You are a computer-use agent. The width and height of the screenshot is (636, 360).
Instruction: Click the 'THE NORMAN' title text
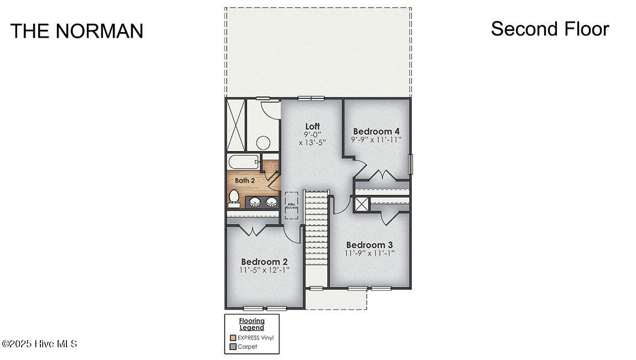(77, 31)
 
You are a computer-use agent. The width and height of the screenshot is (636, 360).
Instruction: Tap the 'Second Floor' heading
(550, 29)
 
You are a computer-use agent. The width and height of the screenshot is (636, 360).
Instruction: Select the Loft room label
(312, 127)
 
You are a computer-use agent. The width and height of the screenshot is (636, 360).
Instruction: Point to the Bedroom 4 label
(376, 131)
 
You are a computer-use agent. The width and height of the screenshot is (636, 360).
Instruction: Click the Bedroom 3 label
(369, 245)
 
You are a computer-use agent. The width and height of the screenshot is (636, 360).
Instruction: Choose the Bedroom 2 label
(264, 262)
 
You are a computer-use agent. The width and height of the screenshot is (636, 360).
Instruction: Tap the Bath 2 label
(244, 180)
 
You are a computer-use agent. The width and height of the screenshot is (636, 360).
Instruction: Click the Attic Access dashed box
(291, 205)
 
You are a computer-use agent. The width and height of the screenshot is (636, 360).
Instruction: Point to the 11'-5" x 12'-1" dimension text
(264, 270)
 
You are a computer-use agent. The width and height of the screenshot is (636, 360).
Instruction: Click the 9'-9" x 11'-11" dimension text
(376, 140)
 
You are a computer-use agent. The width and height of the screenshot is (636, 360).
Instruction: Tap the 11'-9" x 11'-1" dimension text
(369, 254)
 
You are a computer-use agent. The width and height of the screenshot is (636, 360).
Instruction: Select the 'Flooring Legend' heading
(252, 324)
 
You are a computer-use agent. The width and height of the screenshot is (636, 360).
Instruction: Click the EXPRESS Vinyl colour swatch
(233, 337)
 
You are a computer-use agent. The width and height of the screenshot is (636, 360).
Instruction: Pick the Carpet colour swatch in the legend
(233, 347)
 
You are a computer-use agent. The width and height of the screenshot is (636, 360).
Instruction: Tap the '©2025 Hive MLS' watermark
(39, 344)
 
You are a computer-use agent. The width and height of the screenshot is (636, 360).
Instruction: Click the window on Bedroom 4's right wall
(410, 164)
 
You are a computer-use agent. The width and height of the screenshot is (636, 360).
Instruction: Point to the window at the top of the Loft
(310, 98)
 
